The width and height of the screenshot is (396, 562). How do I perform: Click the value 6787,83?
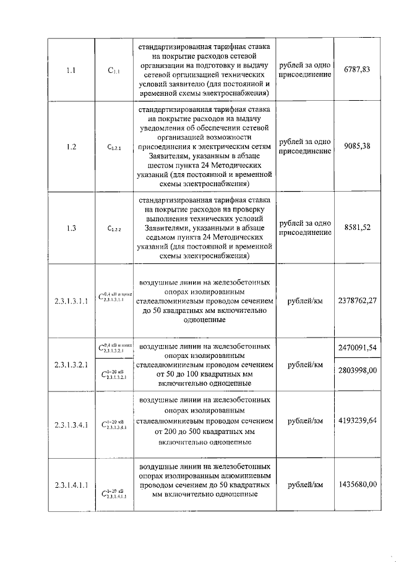356,70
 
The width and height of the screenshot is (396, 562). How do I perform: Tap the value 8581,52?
356,227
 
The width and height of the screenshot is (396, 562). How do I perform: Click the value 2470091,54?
357,349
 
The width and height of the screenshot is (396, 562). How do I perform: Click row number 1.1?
71,70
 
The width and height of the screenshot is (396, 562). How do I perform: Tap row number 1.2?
71,147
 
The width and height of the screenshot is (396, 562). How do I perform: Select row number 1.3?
71,228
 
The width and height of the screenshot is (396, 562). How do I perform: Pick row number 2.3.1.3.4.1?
71,425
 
